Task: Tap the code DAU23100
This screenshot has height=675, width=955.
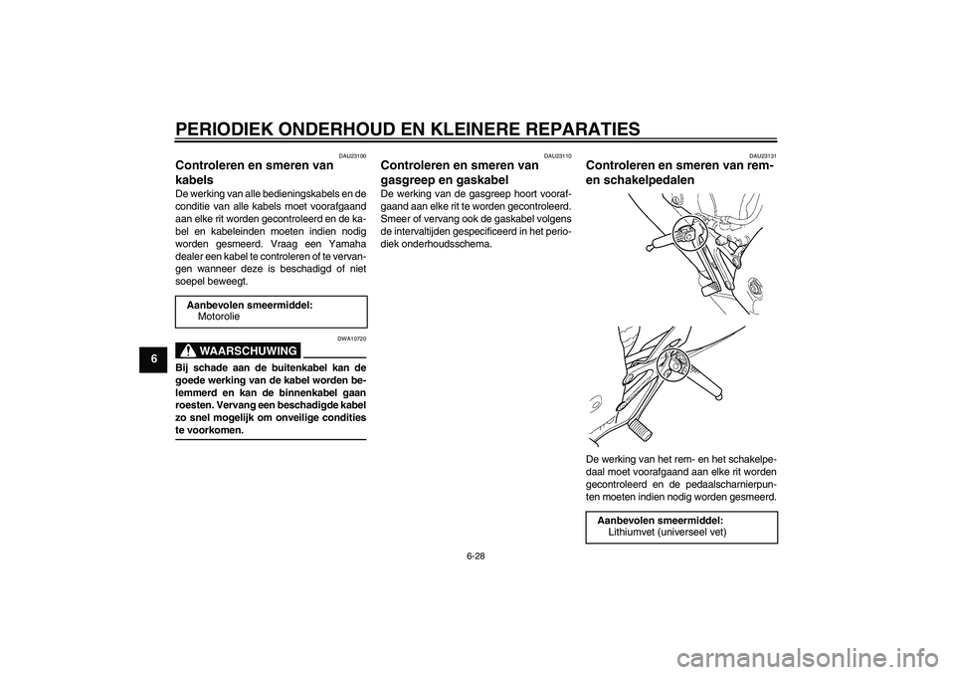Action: tap(353, 156)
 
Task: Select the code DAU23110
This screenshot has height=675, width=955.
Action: tap(558, 156)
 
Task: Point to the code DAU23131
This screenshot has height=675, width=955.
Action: tap(763, 156)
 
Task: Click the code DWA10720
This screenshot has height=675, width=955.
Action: tap(353, 338)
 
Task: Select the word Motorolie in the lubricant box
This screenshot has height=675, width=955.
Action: tap(219, 317)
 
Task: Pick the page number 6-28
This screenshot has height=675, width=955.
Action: tap(477, 557)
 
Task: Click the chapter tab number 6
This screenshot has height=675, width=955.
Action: tap(154, 358)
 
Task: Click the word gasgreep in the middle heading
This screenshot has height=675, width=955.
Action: tap(406, 180)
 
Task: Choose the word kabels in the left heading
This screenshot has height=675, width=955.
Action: tap(194, 180)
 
